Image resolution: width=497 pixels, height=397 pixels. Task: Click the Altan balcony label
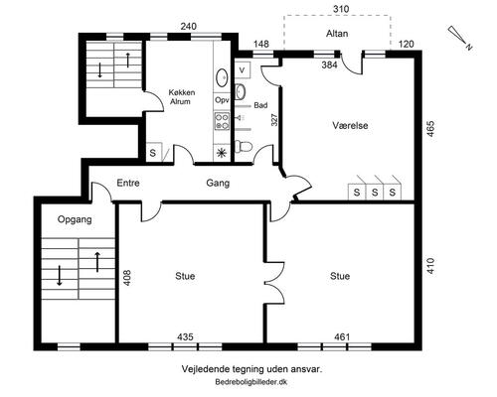tap(337, 34)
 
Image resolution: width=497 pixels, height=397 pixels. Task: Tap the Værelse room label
tap(350, 125)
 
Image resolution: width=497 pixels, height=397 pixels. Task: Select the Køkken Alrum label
tap(181, 97)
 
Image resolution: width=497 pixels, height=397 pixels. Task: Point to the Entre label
tap(128, 183)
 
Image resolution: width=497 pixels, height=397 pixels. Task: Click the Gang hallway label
tap(218, 183)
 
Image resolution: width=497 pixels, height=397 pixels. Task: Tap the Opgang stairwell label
tap(75, 219)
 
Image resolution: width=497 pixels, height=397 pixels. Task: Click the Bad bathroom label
tap(260, 105)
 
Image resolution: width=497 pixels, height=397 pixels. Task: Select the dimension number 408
tap(127, 278)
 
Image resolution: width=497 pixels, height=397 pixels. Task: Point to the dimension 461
tap(342, 337)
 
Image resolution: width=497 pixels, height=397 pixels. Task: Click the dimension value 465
tap(430, 129)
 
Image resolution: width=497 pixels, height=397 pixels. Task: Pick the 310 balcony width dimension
tap(341, 9)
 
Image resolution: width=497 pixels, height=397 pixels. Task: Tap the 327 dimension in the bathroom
tap(274, 120)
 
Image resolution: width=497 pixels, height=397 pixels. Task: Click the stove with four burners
tap(222, 121)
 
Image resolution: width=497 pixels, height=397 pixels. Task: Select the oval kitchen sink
tap(222, 78)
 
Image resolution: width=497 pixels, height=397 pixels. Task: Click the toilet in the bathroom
tap(244, 146)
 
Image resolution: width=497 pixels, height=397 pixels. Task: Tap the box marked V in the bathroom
tap(243, 70)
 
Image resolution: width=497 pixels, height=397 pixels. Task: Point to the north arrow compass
tap(460, 37)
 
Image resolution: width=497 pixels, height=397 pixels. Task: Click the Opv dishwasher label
tap(222, 99)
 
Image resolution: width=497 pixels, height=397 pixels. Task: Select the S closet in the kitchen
tap(153, 153)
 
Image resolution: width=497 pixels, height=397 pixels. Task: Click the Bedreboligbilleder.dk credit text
tap(251, 382)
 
